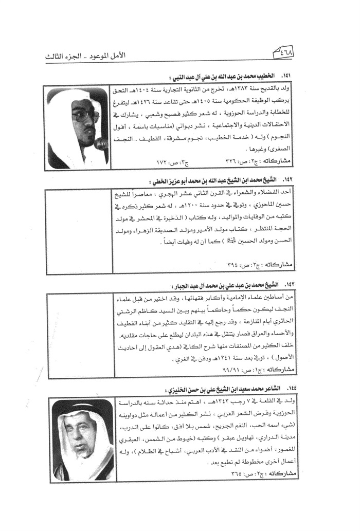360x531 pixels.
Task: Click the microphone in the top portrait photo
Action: click(101, 144)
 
